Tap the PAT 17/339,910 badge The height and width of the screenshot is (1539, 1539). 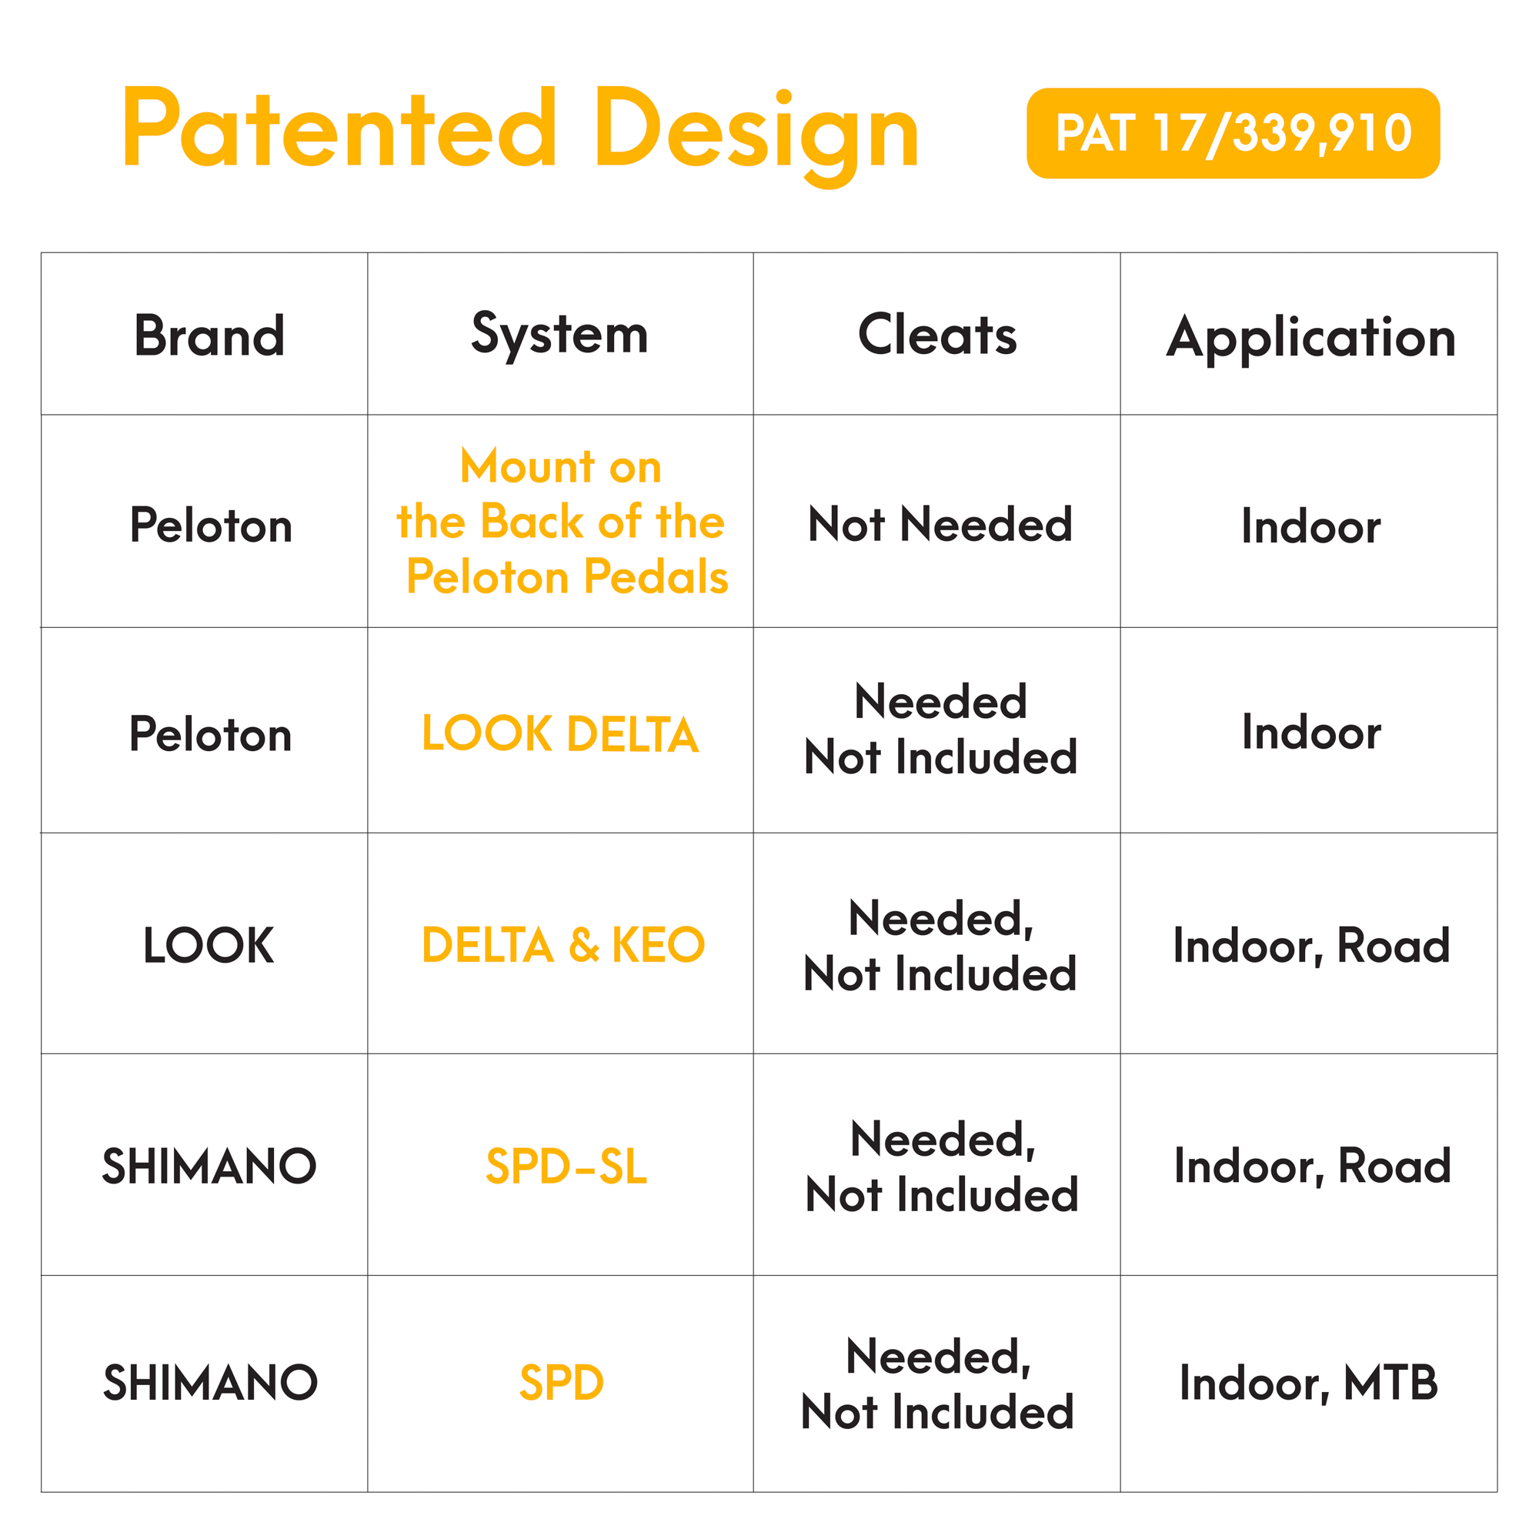pyautogui.click(x=1233, y=133)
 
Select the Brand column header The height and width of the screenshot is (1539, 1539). pyautogui.click(x=209, y=336)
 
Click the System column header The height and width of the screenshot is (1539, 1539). pyautogui.click(x=560, y=336)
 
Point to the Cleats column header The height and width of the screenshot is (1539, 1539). pyautogui.click(x=936, y=335)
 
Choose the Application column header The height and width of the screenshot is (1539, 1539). pyautogui.click(x=1311, y=339)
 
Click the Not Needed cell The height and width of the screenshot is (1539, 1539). pyautogui.click(x=940, y=524)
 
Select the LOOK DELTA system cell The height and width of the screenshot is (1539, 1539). pyautogui.click(x=560, y=733)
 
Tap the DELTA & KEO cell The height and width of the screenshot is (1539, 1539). pyautogui.click(x=563, y=945)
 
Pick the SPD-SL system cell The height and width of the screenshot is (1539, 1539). pyautogui.click(x=566, y=1167)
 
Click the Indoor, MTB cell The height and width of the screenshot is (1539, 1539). pyautogui.click(x=1309, y=1383)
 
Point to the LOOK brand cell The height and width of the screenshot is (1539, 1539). pyautogui.click(x=209, y=946)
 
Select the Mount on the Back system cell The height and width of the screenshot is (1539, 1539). pyautogui.click(x=563, y=521)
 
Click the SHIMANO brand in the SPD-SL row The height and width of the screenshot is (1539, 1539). pyautogui.click(x=209, y=1167)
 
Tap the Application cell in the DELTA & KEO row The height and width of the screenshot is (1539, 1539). pyautogui.click(x=1311, y=946)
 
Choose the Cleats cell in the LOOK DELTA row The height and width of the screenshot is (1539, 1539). pyautogui.click(x=941, y=729)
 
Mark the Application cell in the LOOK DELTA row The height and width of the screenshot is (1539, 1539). pyautogui.click(x=1311, y=732)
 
